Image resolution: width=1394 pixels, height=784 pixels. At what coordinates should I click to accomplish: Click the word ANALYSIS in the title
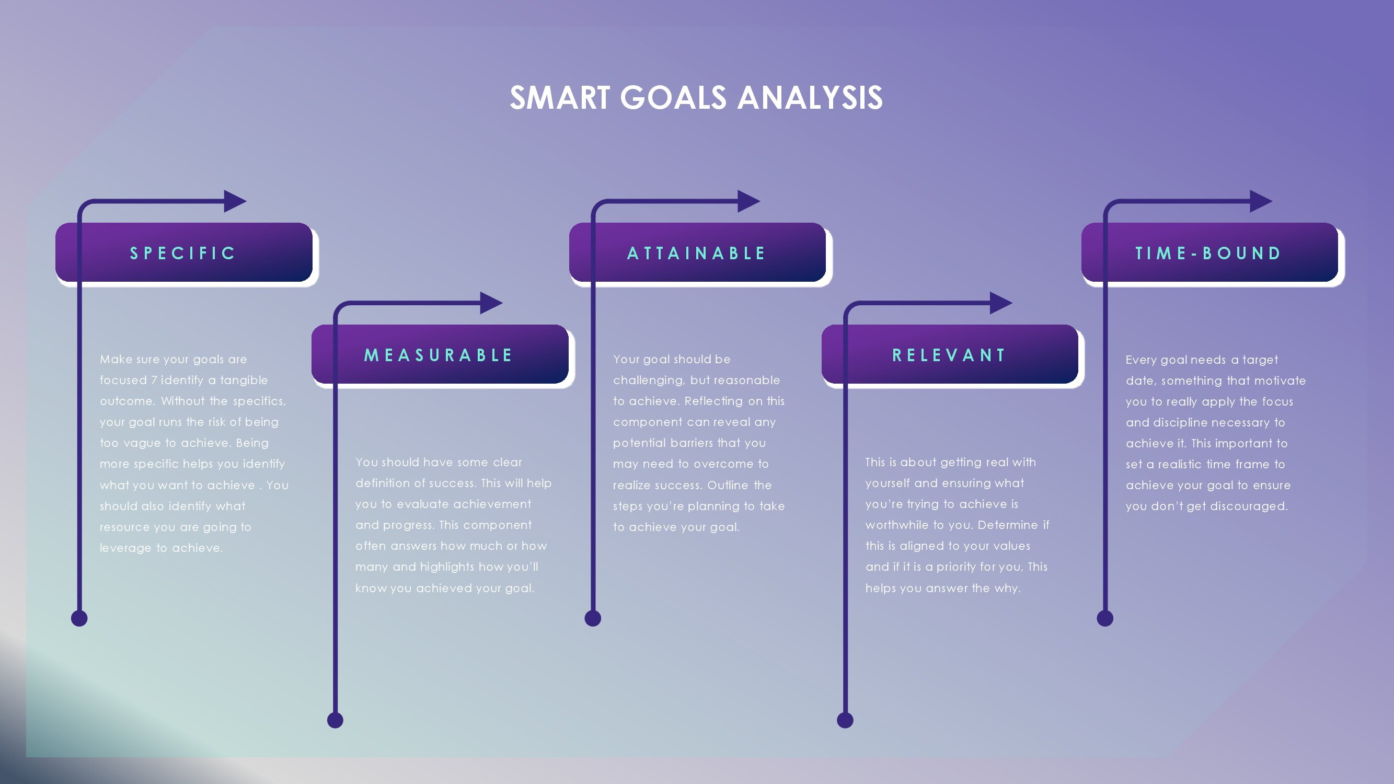click(x=810, y=98)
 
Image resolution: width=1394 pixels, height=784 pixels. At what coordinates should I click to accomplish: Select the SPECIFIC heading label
click(x=183, y=253)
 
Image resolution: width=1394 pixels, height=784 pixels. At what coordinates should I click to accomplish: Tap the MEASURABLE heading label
click(x=439, y=355)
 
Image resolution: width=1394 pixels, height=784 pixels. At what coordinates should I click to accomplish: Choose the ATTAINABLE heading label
click(x=696, y=253)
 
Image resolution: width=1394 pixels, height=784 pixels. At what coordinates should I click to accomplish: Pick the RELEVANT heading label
click(x=949, y=355)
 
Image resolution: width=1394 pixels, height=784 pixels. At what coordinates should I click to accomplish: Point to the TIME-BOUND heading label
click(x=1208, y=253)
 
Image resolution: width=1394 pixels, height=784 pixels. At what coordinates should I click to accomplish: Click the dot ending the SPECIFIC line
click(x=79, y=618)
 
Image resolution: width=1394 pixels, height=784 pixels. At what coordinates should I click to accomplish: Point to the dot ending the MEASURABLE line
click(x=335, y=720)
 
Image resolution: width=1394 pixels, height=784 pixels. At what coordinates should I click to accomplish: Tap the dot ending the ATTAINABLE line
click(x=593, y=618)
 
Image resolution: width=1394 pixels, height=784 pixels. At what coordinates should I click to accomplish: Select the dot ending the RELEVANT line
click(x=845, y=720)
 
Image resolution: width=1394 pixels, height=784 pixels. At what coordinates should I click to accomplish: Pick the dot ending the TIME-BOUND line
click(x=1104, y=618)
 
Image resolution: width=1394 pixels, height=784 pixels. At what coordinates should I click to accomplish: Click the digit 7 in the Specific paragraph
click(x=154, y=381)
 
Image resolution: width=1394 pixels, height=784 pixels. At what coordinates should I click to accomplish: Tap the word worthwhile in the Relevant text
click(x=890, y=525)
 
